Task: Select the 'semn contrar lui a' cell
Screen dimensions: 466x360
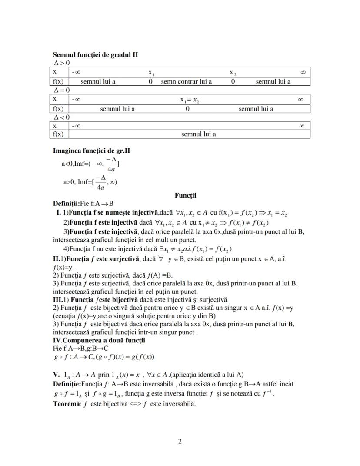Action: [187, 81]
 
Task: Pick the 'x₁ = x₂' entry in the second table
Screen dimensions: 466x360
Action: [190, 100]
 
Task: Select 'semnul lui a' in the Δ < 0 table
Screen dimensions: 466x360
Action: [199, 134]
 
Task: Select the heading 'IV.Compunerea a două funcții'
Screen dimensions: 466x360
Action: [99, 340]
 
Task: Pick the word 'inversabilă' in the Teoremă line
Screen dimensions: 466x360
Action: [177, 403]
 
